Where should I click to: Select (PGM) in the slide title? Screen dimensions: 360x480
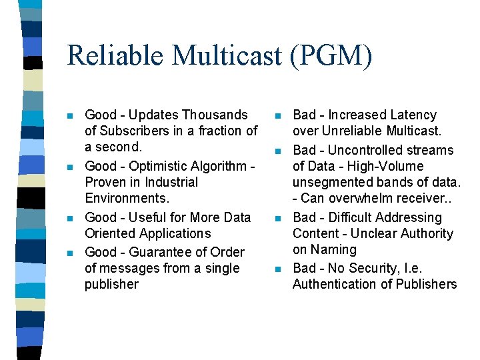click(x=331, y=55)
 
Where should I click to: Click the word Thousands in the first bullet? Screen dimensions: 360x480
click(x=215, y=115)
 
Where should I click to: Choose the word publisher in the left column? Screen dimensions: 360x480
click(x=111, y=284)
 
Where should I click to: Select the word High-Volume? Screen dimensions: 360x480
click(x=386, y=166)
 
